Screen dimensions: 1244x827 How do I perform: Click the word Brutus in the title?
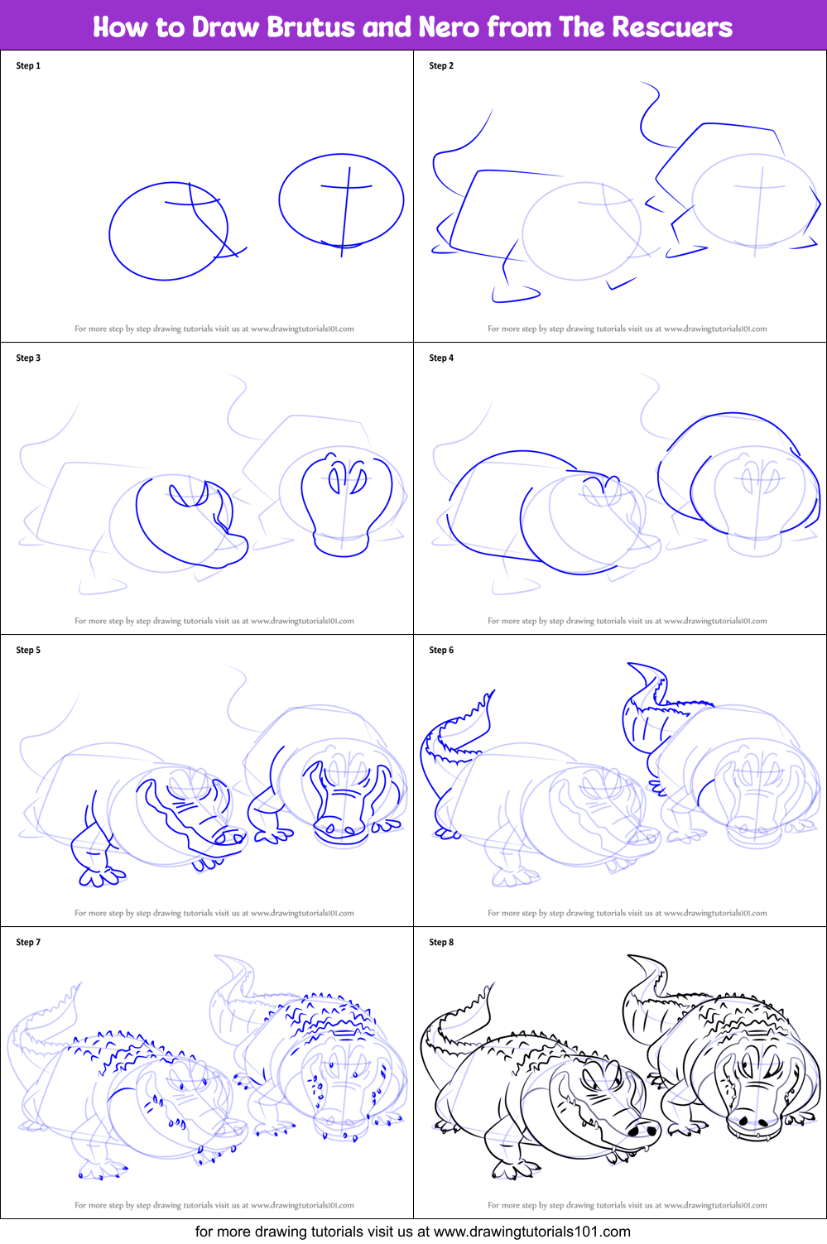coord(311,27)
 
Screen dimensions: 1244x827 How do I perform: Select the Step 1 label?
coord(28,66)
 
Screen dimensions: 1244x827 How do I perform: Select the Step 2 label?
coord(441,66)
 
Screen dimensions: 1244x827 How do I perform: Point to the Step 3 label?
coord(28,358)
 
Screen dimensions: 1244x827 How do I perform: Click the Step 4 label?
coord(441,358)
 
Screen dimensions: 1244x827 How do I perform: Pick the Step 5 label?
coord(28,651)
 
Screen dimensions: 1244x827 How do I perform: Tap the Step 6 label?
coord(441,651)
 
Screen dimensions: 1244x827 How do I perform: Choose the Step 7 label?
coord(28,943)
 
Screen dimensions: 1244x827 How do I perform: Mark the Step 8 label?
coord(441,943)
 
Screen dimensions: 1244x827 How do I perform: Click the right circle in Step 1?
coord(341,200)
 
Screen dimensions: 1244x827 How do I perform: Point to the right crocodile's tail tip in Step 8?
coord(632,958)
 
